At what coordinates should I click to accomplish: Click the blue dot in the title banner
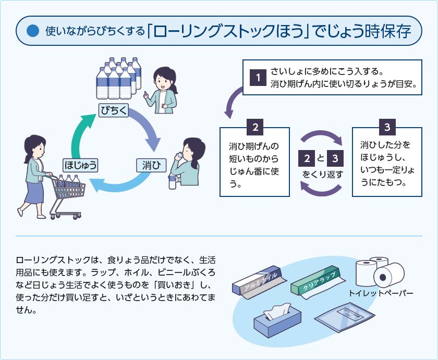[32, 31]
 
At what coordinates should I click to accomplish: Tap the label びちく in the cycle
[114, 110]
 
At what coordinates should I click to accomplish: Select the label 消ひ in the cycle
[151, 165]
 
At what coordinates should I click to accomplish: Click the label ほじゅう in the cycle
[80, 165]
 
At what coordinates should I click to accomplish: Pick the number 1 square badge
[258, 77]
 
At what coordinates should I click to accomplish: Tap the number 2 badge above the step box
[255, 127]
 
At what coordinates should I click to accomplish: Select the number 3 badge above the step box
[387, 127]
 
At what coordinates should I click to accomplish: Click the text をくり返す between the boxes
[322, 175]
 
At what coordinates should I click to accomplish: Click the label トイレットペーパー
[381, 293]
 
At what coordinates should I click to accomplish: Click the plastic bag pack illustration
[344, 317]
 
